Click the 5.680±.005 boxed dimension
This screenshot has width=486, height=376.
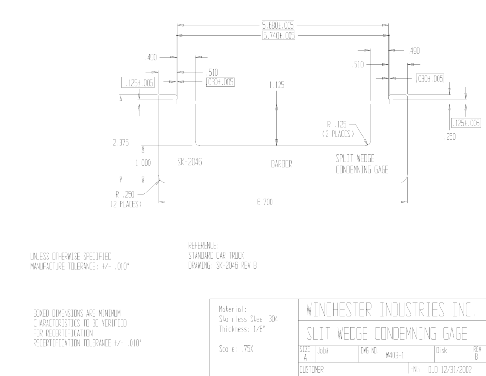[278, 25]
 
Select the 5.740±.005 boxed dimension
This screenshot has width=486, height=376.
[279, 35]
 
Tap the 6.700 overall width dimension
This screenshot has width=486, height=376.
[265, 202]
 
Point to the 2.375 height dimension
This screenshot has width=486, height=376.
[121, 143]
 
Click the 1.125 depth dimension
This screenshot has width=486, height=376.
[277, 85]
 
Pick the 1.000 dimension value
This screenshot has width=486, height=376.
[143, 163]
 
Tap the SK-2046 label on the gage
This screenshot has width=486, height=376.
[190, 162]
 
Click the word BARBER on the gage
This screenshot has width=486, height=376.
[281, 164]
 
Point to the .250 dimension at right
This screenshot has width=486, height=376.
[450, 136]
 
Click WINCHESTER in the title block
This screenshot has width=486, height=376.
[339, 309]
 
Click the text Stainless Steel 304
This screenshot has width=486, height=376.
[248, 319]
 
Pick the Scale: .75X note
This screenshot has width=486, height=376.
[236, 349]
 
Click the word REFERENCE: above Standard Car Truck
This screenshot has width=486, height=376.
[204, 246]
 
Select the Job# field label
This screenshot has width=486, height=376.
[323, 351]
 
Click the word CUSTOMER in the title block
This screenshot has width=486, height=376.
[311, 369]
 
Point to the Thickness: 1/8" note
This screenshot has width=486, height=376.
[242, 329]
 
